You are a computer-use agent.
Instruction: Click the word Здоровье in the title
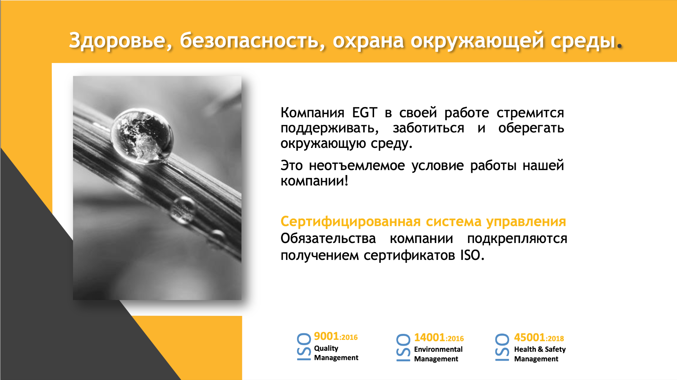click(117, 41)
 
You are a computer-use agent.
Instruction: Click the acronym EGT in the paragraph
click(365, 113)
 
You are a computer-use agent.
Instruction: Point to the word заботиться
click(428, 128)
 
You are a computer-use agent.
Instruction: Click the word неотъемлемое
click(357, 165)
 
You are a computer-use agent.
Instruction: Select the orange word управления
click(526, 222)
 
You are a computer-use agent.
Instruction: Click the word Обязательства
click(328, 238)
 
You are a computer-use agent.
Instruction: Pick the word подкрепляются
click(517, 239)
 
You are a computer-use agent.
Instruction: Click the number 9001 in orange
click(326, 336)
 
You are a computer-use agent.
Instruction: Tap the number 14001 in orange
click(429, 338)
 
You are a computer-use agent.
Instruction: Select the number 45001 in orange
click(529, 338)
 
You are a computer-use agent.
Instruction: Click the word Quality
click(326, 348)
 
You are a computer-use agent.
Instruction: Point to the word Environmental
click(438, 349)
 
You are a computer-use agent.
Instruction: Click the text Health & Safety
click(540, 349)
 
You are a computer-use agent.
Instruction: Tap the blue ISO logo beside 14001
click(403, 348)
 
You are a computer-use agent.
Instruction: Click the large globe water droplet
click(142, 136)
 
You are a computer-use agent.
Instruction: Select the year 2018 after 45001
click(556, 339)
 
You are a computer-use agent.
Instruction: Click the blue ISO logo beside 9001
click(304, 347)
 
